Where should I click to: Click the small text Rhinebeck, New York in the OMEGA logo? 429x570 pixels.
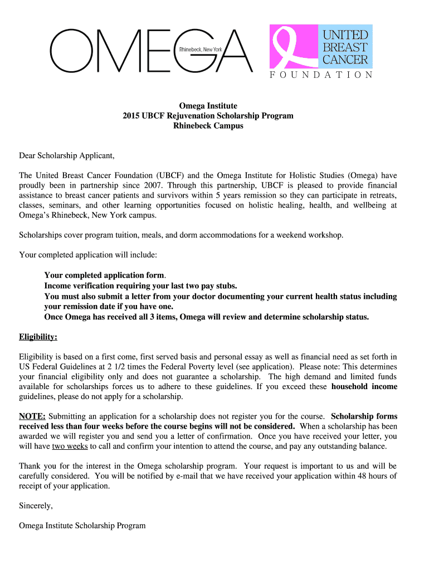[201, 50]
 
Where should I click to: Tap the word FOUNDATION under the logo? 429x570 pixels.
[321, 75]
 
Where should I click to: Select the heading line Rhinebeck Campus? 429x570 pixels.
[208, 126]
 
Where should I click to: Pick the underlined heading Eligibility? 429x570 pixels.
[38, 337]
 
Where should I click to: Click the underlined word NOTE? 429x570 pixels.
[32, 416]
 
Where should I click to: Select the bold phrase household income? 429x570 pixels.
[364, 386]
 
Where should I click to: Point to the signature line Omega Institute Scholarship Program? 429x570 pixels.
[82, 525]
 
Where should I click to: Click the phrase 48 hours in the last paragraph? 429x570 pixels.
[364, 476]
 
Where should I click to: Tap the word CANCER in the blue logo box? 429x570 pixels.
[345, 59]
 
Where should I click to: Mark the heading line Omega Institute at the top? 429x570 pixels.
[208, 106]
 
